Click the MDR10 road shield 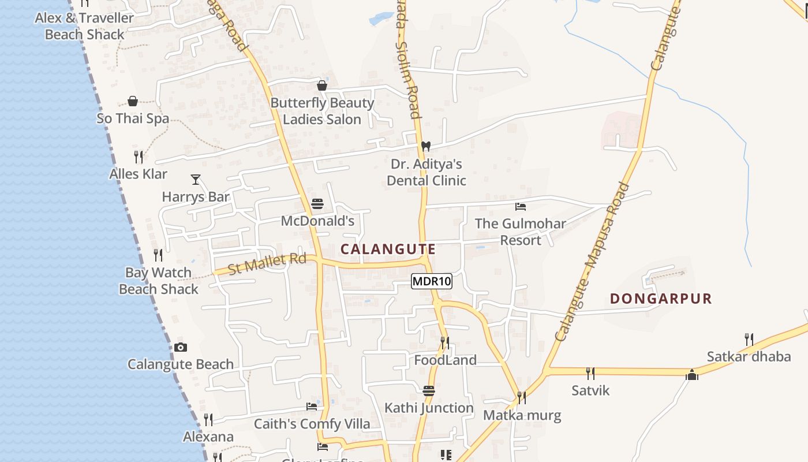pyautogui.click(x=432, y=282)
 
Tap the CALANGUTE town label pyautogui.click(x=388, y=249)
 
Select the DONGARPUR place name pyautogui.click(x=661, y=299)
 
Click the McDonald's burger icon pyautogui.click(x=317, y=204)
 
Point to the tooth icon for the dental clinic pyautogui.click(x=426, y=147)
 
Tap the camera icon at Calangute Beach pyautogui.click(x=181, y=347)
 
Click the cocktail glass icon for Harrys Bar pyautogui.click(x=196, y=180)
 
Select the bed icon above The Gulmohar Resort pyautogui.click(x=521, y=206)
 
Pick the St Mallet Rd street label pyautogui.click(x=267, y=263)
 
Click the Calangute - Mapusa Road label pyautogui.click(x=592, y=261)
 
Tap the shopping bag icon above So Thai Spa pyautogui.click(x=133, y=102)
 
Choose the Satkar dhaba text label pyautogui.click(x=749, y=356)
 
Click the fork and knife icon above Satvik pyautogui.click(x=590, y=374)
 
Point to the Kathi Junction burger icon pyautogui.click(x=428, y=391)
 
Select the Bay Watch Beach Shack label pyautogui.click(x=159, y=280)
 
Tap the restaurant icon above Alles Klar pyautogui.click(x=139, y=157)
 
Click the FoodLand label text pyautogui.click(x=446, y=360)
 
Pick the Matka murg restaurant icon pyautogui.click(x=521, y=398)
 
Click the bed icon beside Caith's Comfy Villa pyautogui.click(x=312, y=407)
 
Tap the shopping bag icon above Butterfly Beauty pyautogui.click(x=322, y=86)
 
